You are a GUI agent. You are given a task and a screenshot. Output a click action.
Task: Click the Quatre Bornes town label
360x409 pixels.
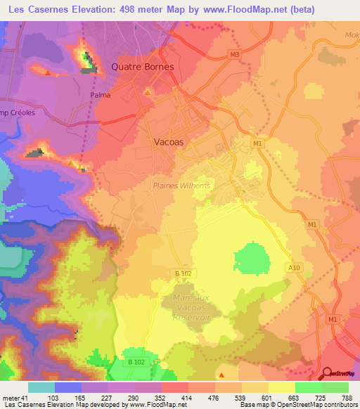[143, 67]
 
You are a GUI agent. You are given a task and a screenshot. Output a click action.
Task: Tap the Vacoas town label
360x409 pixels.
[169, 141]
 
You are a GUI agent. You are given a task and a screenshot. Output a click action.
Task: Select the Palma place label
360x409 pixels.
[101, 95]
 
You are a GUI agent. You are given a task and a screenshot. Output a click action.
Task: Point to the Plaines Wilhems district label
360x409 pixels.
[181, 186]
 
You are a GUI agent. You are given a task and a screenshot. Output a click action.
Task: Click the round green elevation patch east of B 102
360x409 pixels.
[251, 261]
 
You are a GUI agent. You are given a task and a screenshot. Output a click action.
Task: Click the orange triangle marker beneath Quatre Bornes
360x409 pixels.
[148, 91]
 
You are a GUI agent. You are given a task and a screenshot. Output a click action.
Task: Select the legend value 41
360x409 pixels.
[24, 398]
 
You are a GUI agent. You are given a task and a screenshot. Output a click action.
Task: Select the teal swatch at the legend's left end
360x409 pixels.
[41, 387]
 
